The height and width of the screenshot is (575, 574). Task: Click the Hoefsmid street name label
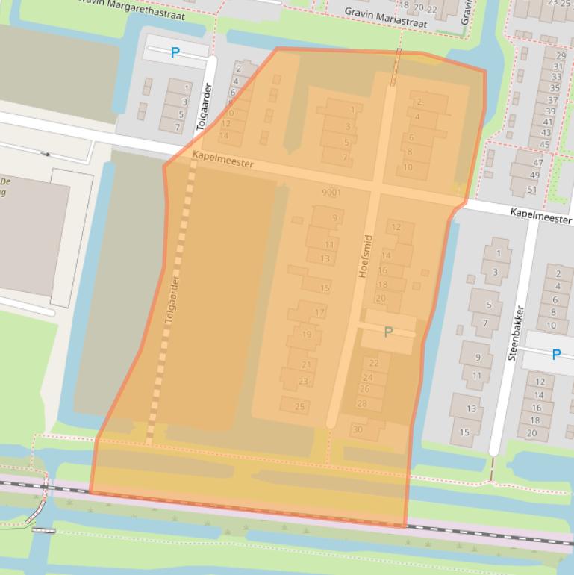click(364, 256)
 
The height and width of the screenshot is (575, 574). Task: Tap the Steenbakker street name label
click(516, 333)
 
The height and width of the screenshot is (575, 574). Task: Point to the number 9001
click(331, 193)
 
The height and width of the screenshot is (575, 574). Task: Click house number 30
click(358, 429)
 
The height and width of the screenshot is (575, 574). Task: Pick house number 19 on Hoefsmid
click(306, 334)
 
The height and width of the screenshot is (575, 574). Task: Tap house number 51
click(533, 189)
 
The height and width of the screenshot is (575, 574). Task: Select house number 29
click(559, 55)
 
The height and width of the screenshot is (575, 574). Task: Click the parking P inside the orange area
click(388, 332)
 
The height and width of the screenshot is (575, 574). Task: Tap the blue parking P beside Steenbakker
click(556, 355)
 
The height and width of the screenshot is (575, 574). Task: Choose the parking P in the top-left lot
click(175, 52)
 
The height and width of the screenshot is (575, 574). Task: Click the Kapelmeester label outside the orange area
click(541, 213)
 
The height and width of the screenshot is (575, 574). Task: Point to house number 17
click(319, 312)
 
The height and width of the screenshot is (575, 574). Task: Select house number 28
click(362, 404)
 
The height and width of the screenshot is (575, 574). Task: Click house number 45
click(544, 145)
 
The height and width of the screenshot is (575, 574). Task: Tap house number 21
click(306, 364)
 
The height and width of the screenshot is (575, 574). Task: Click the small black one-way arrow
click(46, 154)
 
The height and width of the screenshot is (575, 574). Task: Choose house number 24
click(367, 378)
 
